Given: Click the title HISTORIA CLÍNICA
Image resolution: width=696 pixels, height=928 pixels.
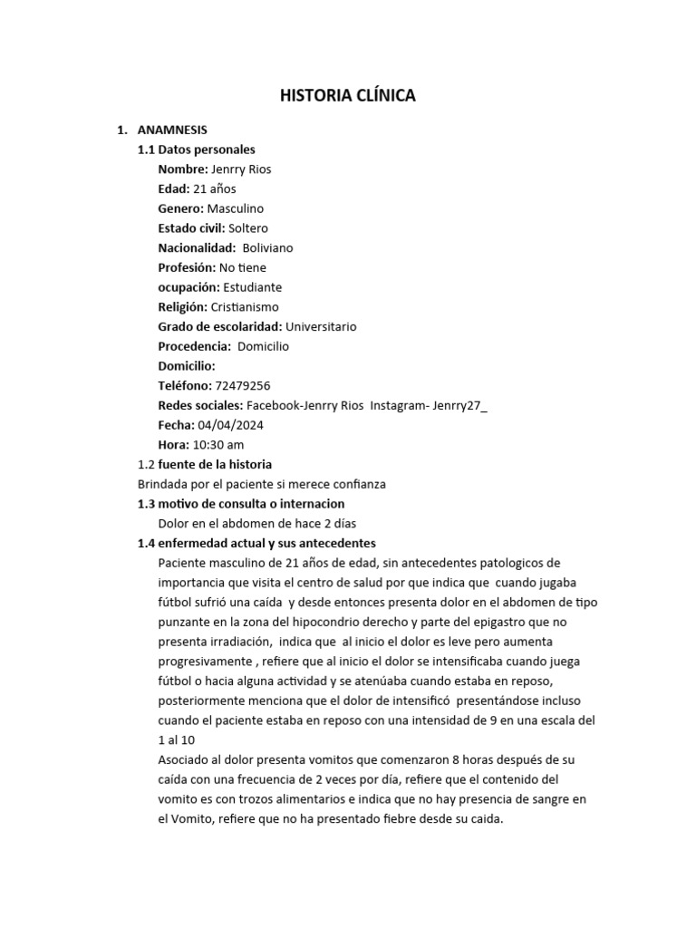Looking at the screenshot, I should point(347,95).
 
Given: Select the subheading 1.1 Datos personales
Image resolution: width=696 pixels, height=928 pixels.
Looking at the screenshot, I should point(196,150).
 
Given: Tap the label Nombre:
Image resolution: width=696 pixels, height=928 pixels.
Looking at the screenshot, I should point(182,169).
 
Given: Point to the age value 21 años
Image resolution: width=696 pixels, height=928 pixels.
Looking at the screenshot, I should point(215,188).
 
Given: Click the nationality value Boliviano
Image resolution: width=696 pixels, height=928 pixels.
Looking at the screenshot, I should point(267,247).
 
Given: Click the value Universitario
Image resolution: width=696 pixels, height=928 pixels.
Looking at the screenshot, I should point(321,326).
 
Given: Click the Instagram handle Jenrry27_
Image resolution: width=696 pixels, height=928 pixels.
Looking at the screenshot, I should point(459,405).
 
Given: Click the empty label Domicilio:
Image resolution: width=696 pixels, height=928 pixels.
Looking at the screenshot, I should point(187,365).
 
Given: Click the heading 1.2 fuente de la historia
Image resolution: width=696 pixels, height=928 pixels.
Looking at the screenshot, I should point(204,464).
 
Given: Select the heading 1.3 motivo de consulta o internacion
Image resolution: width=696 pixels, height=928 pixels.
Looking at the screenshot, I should point(240,503).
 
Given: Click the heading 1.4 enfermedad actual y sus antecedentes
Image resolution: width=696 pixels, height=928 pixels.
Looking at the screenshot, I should point(256,543).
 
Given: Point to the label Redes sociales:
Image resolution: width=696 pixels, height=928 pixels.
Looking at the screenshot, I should point(200,405).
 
